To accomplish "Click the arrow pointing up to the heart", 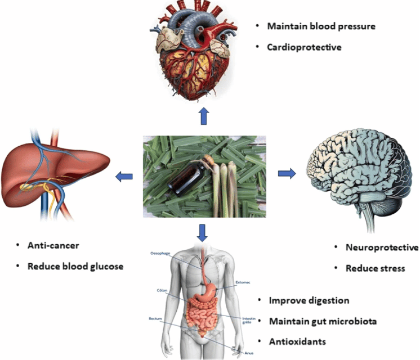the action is (x=203, y=117).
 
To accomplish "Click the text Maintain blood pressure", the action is (x=321, y=26).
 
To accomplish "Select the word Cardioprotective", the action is (x=304, y=47).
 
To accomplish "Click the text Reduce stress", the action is (x=375, y=268).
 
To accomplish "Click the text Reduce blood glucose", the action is (x=75, y=266).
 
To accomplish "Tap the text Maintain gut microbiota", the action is (x=321, y=321).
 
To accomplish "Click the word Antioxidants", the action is (x=297, y=341).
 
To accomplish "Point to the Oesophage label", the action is (x=160, y=254).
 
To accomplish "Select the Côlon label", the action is (x=163, y=291).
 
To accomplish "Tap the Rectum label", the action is (x=156, y=318).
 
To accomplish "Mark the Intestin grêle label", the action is (x=249, y=321).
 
